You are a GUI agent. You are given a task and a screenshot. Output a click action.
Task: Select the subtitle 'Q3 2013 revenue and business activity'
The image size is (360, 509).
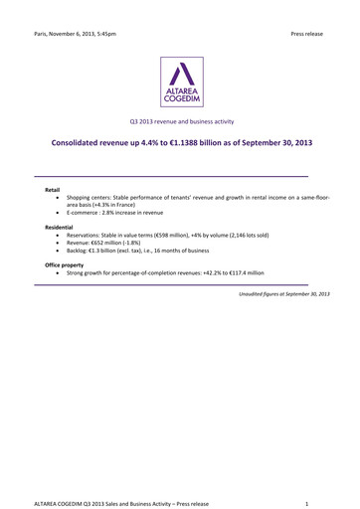click(x=180, y=121)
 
